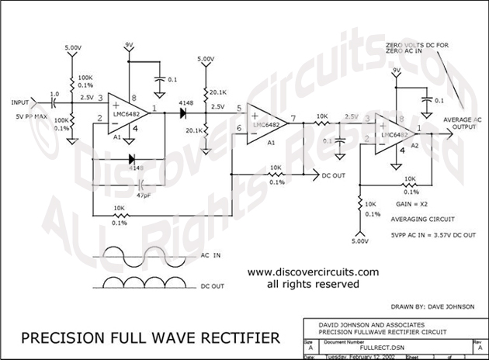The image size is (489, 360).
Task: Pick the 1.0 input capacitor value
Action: tap(54, 95)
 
